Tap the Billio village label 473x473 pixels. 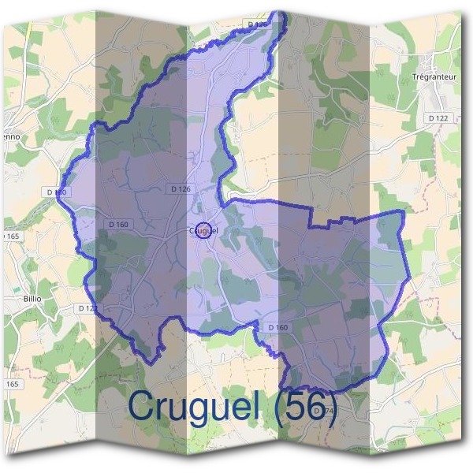[x=32, y=300]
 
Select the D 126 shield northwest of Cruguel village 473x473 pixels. [x=181, y=189]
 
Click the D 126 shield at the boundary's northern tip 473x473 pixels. [x=259, y=25]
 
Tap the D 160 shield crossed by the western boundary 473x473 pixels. [x=57, y=192]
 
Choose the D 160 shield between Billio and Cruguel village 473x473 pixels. [x=117, y=225]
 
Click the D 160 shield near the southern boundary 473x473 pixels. [x=277, y=327]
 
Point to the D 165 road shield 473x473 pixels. [x=9, y=236]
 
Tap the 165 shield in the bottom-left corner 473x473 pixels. [x=11, y=384]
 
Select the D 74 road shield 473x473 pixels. [x=318, y=411]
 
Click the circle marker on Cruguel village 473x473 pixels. [x=203, y=230]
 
